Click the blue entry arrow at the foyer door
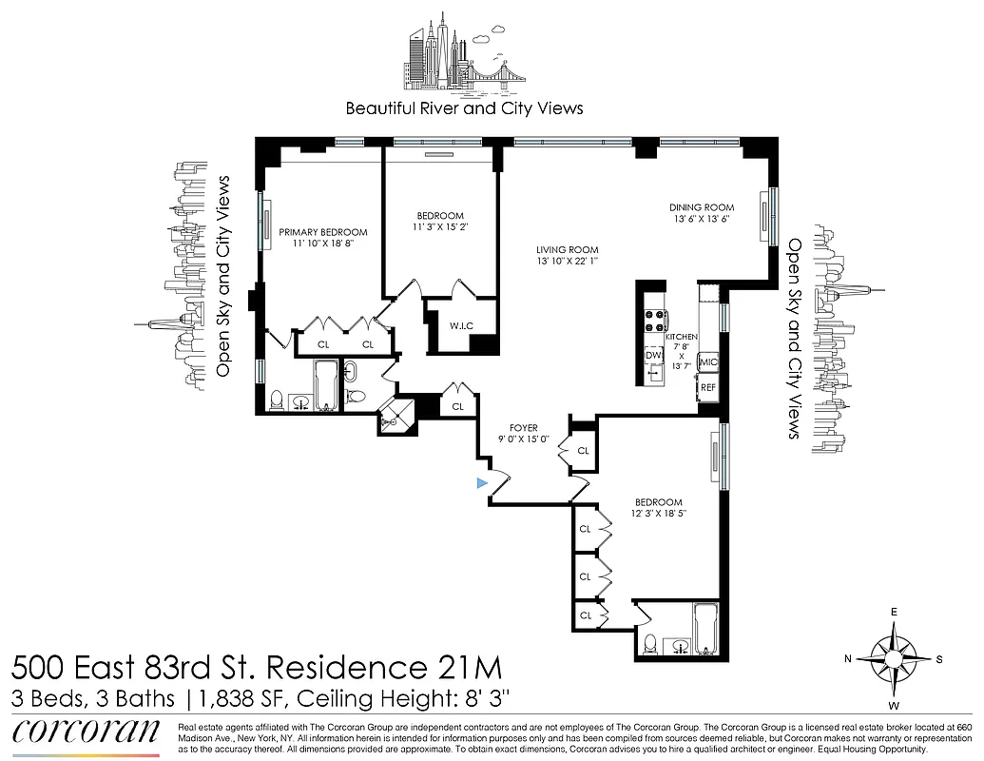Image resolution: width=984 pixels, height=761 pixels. click(482, 484)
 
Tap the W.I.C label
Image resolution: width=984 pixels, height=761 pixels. click(460, 326)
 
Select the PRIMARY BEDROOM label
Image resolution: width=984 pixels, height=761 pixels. click(322, 232)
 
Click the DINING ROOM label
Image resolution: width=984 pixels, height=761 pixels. click(702, 207)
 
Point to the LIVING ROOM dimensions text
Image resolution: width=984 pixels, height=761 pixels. click(569, 263)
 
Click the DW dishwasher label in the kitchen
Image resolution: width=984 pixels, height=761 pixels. click(652, 355)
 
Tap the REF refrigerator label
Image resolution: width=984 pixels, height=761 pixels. click(707, 387)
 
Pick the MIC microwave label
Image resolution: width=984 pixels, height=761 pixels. click(707, 362)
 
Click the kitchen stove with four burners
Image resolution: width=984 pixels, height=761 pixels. click(655, 321)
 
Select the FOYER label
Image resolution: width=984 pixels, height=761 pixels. click(523, 428)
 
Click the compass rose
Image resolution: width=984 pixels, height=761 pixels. click(893, 659)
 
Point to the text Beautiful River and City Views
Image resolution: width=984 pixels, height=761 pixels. click(464, 107)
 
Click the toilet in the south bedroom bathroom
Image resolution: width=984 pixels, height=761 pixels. click(648, 644)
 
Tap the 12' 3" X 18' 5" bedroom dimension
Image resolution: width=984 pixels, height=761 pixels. click(659, 514)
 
